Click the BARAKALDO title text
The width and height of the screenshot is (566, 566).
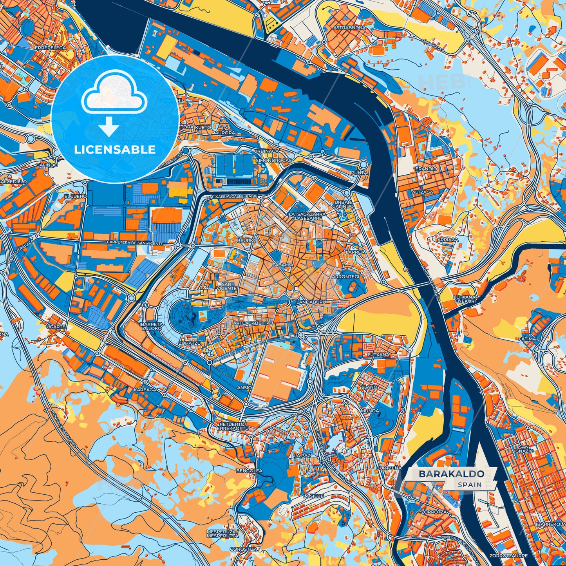click(x=451, y=474)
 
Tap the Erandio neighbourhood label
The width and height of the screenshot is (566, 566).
click(x=426, y=168)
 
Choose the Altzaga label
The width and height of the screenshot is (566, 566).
click(x=422, y=192)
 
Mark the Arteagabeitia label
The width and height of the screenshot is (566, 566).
click(x=251, y=323)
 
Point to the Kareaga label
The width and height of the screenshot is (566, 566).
click(x=145, y=390)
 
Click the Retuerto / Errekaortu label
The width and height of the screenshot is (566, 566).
click(x=233, y=426)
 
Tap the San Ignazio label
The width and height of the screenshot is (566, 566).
click(x=526, y=449)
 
